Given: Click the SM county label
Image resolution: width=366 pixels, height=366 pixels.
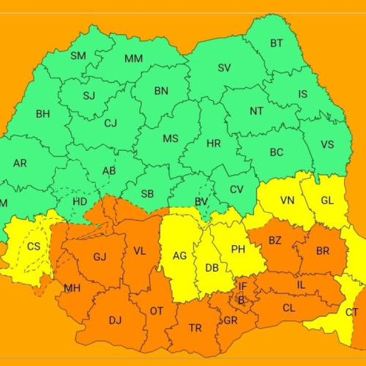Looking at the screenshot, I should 78,56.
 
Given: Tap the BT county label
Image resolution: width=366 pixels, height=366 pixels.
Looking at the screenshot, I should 276,44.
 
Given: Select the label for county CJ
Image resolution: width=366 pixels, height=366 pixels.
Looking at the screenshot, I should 111,123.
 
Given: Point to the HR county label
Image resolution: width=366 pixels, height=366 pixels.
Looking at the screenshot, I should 213,143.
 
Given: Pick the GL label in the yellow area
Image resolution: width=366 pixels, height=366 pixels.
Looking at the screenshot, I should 327,201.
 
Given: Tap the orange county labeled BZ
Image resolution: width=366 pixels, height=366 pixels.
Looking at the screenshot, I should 274,240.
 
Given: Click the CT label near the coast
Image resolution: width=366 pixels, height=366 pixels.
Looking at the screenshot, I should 352,313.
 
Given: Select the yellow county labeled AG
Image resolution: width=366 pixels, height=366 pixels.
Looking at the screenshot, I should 179,256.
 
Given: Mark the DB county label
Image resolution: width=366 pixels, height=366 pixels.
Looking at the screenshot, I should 212,268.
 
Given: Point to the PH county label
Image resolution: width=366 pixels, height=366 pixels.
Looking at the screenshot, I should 238,250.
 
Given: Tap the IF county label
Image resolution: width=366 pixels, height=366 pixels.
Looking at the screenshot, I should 242,286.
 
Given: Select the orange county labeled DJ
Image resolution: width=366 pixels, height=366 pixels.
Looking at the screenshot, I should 115,320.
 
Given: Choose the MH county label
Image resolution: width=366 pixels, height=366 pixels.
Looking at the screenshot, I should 72,288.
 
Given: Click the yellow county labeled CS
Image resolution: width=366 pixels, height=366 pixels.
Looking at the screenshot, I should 34,247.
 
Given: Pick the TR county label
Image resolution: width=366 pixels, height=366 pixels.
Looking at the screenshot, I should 195,329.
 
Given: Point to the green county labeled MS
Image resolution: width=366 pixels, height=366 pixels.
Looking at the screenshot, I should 170,138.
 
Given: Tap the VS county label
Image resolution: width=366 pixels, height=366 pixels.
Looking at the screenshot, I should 327,144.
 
